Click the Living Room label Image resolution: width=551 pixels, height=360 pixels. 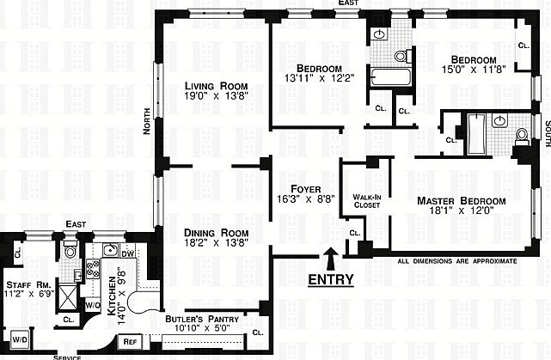click(216, 86)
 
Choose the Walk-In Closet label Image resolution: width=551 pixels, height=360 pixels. click(356, 201)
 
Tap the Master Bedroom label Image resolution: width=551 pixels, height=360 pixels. click(461, 201)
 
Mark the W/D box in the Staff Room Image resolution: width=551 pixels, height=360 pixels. click(19, 338)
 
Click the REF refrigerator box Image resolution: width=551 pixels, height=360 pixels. click(131, 341)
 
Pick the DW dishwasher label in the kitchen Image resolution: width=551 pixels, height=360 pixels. click(127, 253)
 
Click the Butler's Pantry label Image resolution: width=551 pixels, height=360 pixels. click(198, 319)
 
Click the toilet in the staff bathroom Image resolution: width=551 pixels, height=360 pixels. click(70, 252)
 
